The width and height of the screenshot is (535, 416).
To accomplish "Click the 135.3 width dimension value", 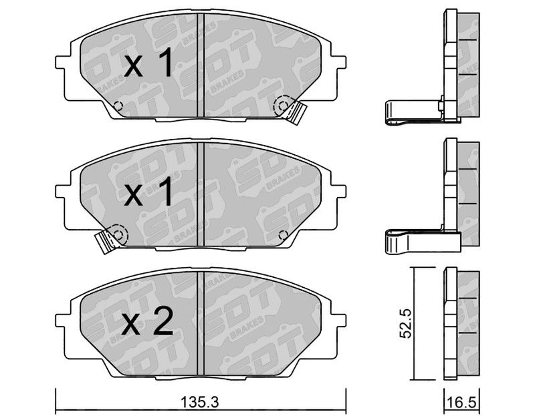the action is click(200, 402).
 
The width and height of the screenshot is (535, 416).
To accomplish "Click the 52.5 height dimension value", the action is click(406, 323).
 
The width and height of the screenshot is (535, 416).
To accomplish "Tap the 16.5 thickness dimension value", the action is click(461, 403).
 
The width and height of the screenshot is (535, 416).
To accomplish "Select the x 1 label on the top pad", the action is click(148, 62).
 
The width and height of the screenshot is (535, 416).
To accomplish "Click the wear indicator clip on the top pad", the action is click(296, 112).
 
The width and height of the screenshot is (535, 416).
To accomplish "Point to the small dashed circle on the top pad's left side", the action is click(118, 106).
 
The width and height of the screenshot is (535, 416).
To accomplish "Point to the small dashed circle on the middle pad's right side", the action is click(283, 235).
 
